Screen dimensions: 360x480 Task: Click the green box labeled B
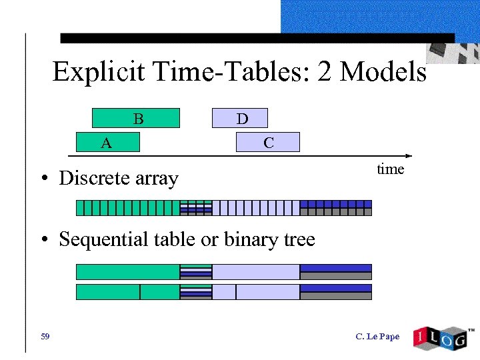click(x=135, y=118)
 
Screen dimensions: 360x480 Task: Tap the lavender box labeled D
click(x=240, y=118)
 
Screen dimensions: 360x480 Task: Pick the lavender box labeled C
click(x=268, y=142)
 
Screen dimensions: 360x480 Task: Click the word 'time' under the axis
click(x=390, y=169)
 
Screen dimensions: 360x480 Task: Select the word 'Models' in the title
click(x=383, y=72)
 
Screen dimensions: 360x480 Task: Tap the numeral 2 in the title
click(x=325, y=72)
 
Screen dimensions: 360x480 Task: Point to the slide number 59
click(x=45, y=337)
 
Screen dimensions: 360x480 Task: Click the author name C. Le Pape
click(x=377, y=337)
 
